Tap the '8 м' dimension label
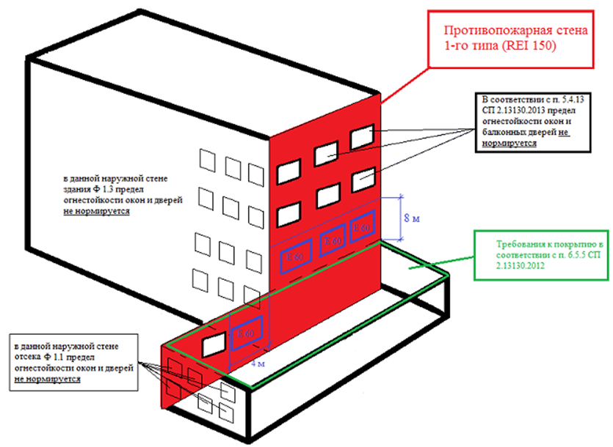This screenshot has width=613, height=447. pyautogui.click(x=412, y=218)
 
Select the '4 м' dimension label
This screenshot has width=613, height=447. pyautogui.click(x=258, y=363)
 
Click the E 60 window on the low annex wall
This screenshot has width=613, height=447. pyautogui.click(x=247, y=333)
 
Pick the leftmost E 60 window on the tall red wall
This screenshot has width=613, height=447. pyautogui.click(x=296, y=256)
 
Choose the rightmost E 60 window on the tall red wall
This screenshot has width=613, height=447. pyautogui.click(x=362, y=226)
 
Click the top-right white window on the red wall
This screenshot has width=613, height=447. pyautogui.click(x=363, y=136)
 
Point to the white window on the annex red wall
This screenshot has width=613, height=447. pyautogui.click(x=214, y=344)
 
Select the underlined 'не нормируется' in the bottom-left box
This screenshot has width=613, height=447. pyautogui.click(x=47, y=379)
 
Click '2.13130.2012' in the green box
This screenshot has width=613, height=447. pyautogui.click(x=520, y=266)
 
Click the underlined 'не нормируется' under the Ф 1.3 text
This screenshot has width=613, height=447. pyautogui.click(x=97, y=211)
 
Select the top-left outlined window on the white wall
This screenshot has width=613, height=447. pyautogui.click(x=207, y=160)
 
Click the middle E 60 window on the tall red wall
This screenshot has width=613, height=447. pyautogui.click(x=333, y=240)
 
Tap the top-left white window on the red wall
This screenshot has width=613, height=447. pyautogui.click(x=289, y=171)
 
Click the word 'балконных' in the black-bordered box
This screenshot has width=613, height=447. pyautogui.click(x=500, y=132)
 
